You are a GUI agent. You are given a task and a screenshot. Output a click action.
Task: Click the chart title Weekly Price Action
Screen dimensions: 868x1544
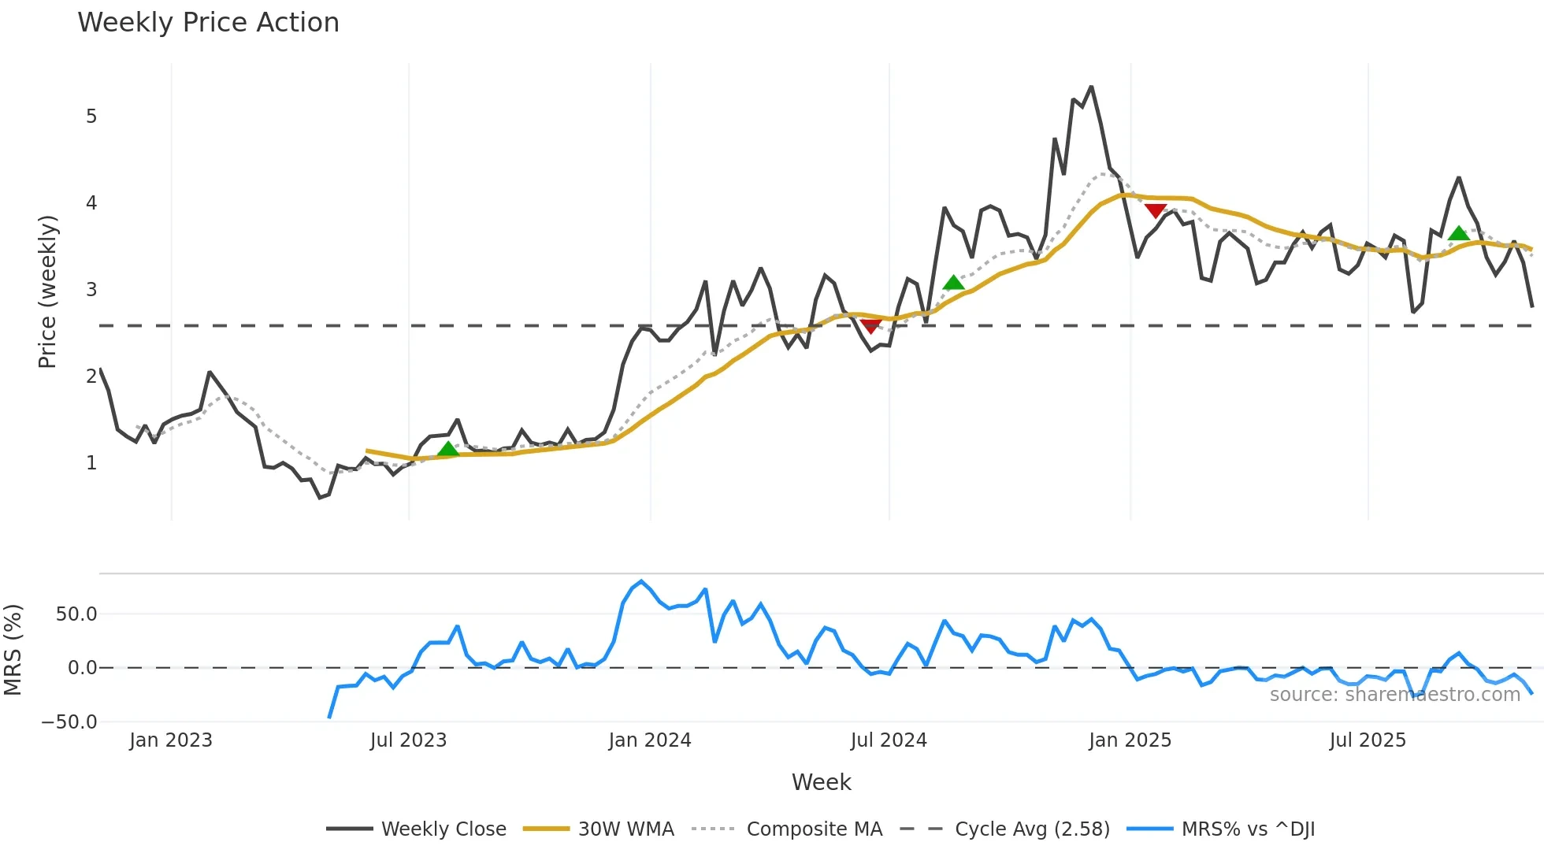[208, 23]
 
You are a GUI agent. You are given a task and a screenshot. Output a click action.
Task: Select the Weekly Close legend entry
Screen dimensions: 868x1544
[444, 829]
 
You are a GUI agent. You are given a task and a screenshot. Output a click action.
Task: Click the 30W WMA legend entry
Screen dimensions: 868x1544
[625, 829]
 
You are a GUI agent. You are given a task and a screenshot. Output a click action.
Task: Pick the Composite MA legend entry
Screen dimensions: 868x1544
[814, 829]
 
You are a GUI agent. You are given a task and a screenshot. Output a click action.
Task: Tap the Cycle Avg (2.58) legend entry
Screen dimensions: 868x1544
[1032, 829]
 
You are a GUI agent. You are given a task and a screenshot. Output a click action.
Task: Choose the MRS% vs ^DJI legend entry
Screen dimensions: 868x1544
[1248, 829]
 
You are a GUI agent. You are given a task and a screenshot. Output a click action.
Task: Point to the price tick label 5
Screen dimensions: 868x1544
[91, 117]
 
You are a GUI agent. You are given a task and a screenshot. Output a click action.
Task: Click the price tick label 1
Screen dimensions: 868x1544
[91, 463]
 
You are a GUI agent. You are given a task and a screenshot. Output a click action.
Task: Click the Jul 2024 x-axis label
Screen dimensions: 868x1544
[889, 740]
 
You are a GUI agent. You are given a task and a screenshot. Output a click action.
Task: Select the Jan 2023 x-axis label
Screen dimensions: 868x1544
[171, 740]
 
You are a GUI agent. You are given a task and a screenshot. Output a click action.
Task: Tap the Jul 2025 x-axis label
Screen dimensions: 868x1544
[1368, 740]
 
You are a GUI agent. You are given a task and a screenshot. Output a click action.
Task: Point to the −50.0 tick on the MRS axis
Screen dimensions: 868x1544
[69, 722]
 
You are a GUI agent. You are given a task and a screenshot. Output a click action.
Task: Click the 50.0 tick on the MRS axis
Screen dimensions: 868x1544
[76, 614]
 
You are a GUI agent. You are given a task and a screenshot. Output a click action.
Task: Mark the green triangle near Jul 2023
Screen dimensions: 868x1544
[447, 449]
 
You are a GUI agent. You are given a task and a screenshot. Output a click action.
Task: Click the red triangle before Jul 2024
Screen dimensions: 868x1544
[870, 326]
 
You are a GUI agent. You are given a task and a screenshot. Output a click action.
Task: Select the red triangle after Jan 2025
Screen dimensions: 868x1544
[1156, 210]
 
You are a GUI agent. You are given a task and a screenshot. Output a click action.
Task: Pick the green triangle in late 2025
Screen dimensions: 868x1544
[1459, 233]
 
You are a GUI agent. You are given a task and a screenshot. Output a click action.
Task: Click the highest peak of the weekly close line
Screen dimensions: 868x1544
[1091, 87]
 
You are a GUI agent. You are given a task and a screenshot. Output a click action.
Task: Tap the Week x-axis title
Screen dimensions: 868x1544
[821, 782]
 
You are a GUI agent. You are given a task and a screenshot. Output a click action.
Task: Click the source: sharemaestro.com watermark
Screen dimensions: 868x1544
[1394, 695]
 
